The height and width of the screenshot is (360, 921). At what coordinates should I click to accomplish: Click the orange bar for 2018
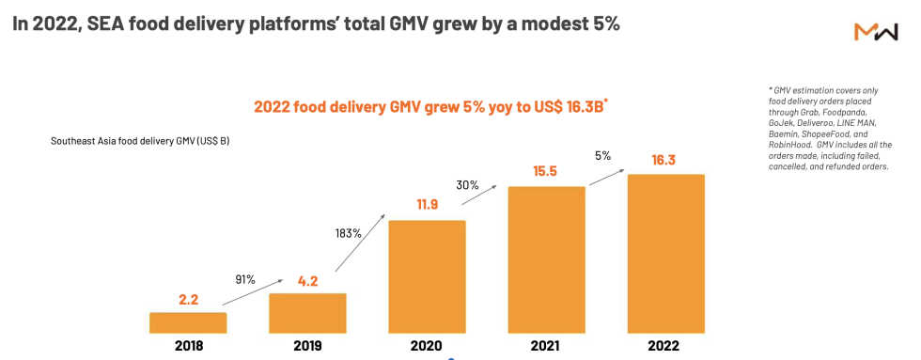[x=188, y=322]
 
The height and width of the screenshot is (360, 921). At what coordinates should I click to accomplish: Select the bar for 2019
[x=307, y=313]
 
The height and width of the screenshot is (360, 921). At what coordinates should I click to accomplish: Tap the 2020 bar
[x=427, y=276]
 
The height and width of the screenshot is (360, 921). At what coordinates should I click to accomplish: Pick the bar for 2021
[x=546, y=259]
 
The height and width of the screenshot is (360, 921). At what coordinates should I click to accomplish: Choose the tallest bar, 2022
[x=665, y=253]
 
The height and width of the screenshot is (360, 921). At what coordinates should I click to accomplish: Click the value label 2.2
[x=188, y=300]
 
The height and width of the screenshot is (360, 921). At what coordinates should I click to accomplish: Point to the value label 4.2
[x=307, y=280]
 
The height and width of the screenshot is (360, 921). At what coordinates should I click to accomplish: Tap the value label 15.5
[x=546, y=173]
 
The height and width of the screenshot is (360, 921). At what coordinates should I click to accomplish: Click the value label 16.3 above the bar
[x=665, y=161]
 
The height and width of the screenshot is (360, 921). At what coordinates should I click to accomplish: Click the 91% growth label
[x=246, y=278]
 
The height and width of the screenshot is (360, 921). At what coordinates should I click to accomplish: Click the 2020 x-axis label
[x=427, y=346]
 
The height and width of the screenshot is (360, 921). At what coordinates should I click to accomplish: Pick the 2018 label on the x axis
[x=188, y=346]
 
